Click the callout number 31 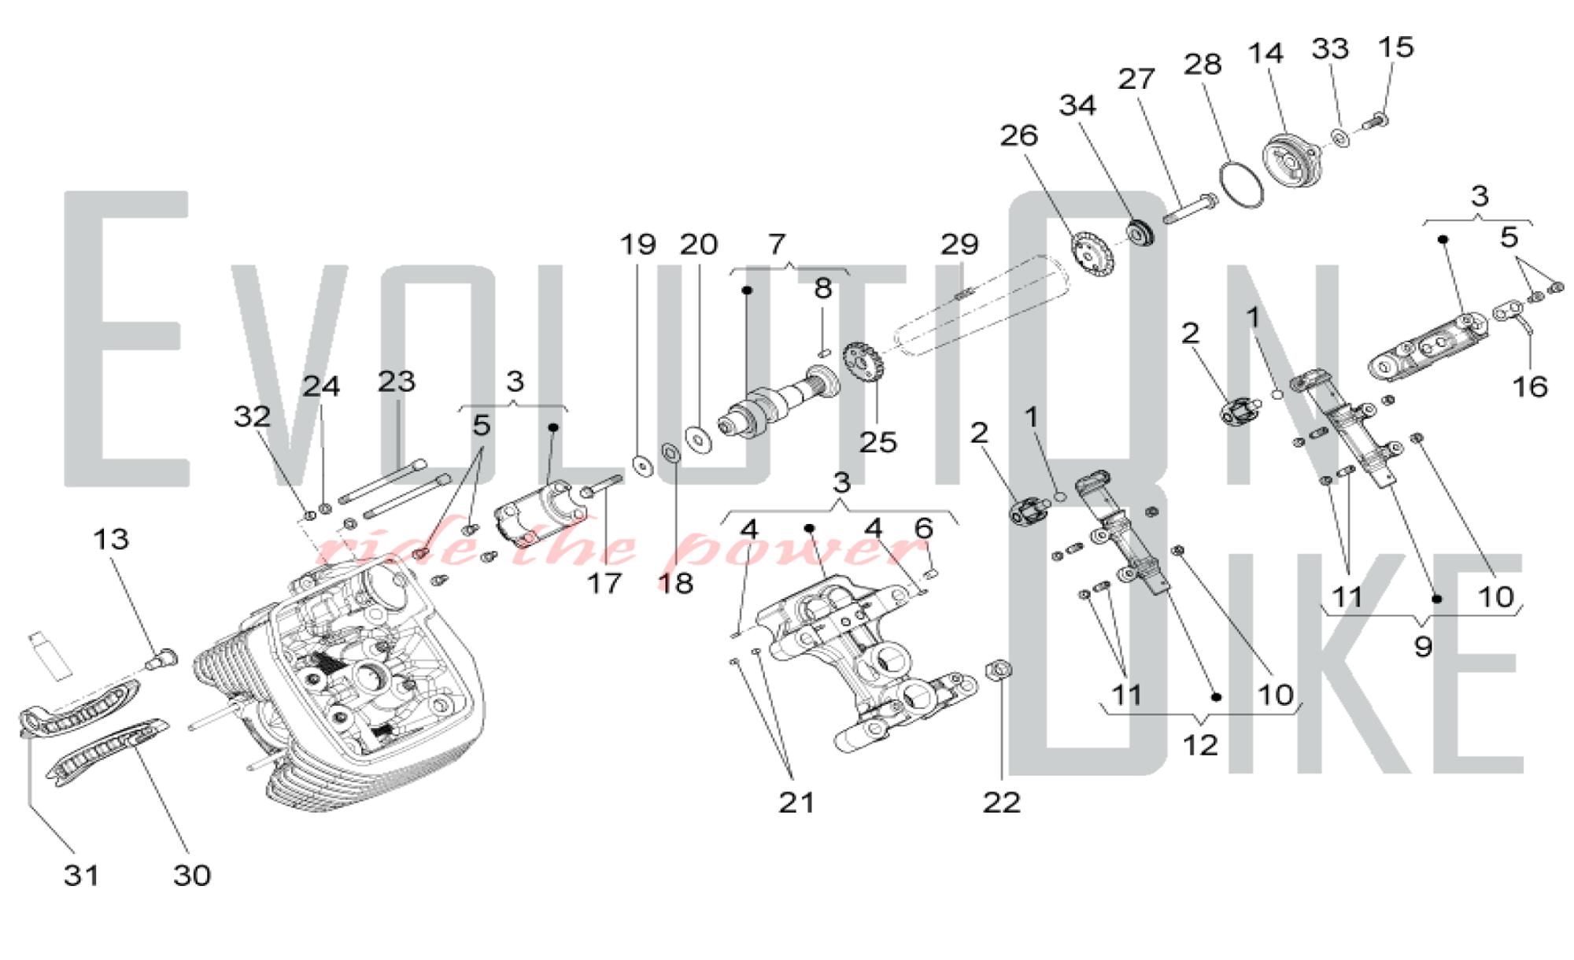pos(81,875)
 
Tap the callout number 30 pos(191,875)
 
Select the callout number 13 pos(110,540)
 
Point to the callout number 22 pos(1001,803)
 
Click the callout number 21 pos(796,803)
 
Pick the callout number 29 pos(959,245)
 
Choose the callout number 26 pos(1018,136)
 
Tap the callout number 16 pos(1530,386)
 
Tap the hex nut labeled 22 pos(999,671)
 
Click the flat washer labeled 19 pos(644,465)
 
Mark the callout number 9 pos(1423,647)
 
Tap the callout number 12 pos(1200,744)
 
